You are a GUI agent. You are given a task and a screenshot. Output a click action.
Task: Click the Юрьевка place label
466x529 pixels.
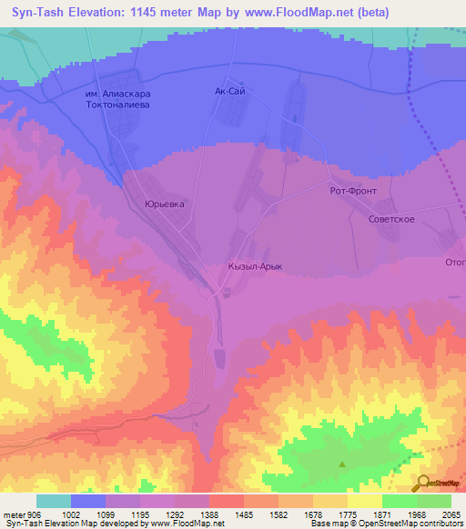(165, 205)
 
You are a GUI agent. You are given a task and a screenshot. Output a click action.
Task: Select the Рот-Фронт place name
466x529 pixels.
(352, 192)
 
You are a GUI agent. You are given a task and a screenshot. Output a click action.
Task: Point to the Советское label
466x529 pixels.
(392, 220)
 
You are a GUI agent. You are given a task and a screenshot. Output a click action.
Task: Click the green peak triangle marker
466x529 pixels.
(342, 464)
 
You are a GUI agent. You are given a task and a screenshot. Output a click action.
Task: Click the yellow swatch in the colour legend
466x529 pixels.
(364, 501)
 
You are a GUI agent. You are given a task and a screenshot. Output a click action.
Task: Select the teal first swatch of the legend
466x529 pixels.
(54, 501)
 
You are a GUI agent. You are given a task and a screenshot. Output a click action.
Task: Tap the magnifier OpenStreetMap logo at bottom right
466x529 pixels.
(424, 484)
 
